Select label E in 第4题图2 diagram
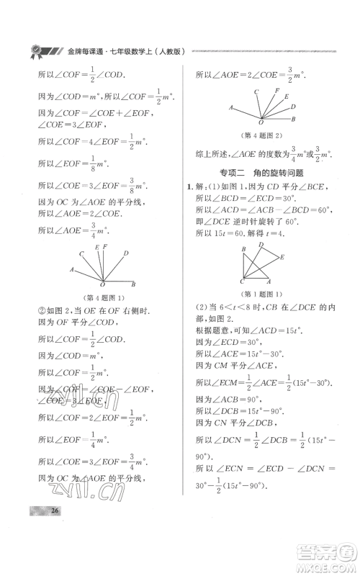point(286,96)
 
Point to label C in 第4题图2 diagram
point(255,92)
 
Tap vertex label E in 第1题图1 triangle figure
point(282,256)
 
